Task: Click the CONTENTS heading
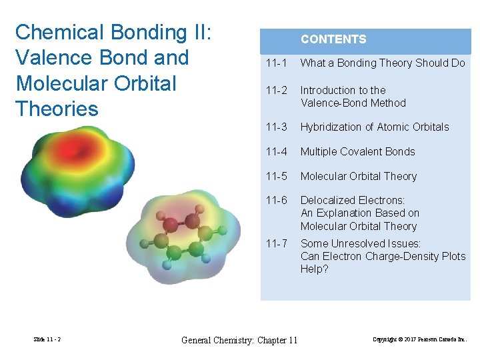point(333,39)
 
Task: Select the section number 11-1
point(276,63)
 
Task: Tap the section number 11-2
point(276,90)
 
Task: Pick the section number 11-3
point(276,127)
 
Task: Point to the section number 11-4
point(276,152)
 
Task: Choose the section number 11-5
point(276,177)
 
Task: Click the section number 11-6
point(276,201)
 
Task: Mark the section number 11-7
point(276,244)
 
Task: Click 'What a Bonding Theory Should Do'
point(383,63)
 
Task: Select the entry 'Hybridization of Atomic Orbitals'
point(375,127)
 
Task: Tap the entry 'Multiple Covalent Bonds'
point(357,152)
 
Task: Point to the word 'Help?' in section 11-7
point(314,269)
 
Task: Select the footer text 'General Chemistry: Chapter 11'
point(239,341)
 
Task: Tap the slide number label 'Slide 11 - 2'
point(47,340)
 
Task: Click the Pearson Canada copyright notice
point(419,340)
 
